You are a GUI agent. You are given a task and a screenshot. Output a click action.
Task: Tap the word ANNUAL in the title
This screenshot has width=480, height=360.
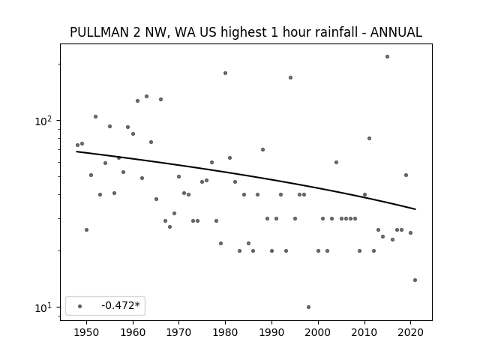(396, 32)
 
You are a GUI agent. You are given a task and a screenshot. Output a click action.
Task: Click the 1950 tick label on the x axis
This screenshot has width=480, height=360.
(87, 333)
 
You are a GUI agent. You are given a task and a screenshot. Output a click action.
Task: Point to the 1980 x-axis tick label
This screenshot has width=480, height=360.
(225, 333)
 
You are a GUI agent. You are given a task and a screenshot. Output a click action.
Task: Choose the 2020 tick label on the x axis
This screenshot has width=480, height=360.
(410, 333)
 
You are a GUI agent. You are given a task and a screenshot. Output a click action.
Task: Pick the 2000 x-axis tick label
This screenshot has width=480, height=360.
(318, 333)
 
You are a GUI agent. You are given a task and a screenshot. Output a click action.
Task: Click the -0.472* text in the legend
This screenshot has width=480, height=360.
(121, 305)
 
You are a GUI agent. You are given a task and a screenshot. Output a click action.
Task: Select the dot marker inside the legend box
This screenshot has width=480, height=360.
(80, 307)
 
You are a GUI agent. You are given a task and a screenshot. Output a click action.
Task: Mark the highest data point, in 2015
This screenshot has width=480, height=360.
(387, 57)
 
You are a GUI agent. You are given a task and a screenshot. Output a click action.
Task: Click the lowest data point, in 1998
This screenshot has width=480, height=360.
(308, 307)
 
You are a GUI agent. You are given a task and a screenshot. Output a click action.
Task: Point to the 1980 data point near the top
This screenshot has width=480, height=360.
(225, 73)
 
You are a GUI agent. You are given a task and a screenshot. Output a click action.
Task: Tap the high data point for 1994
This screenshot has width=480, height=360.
(290, 78)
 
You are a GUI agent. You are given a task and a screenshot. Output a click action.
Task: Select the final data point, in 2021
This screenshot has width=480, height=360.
(415, 280)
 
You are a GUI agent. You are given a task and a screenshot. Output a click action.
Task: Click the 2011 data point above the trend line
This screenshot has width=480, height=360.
(369, 138)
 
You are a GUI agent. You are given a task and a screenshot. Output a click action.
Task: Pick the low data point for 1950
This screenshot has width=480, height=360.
(87, 230)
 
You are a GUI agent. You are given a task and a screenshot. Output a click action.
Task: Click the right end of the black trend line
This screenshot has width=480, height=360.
(415, 209)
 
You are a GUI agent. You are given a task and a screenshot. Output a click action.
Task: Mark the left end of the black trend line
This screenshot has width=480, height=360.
(76, 151)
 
